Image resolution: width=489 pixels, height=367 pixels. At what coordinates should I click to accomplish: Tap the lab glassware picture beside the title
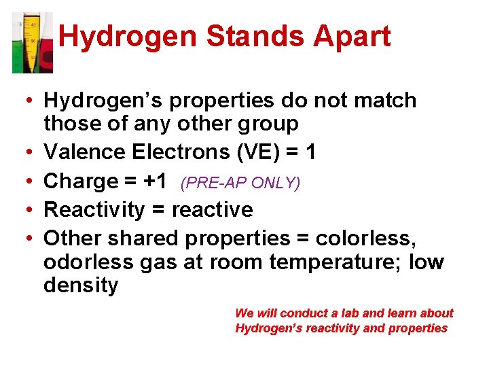coord(32,42)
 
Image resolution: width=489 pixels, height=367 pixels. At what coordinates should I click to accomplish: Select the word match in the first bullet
coord(384,101)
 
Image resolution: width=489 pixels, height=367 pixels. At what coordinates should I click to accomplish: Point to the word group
coord(268,124)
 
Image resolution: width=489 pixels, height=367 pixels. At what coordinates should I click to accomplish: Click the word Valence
coord(81,152)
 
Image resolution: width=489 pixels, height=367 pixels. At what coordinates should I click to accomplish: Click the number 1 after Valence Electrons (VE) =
coord(310,152)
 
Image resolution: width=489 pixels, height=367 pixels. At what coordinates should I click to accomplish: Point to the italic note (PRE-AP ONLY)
coord(240,183)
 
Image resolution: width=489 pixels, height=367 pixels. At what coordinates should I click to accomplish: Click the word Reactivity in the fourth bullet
coord(94,210)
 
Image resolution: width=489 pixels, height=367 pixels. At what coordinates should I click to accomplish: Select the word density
coord(80,285)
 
